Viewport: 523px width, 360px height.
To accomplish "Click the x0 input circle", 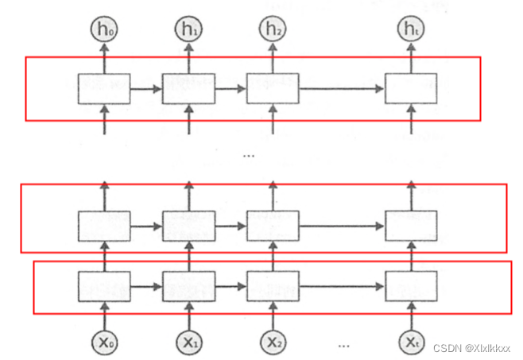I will point(104,343).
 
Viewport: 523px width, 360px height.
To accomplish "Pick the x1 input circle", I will point(188,343).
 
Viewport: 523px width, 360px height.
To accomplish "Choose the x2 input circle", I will point(273,343).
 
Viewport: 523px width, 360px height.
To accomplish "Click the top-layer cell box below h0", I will point(104,88).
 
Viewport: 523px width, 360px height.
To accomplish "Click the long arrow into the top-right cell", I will point(342,88).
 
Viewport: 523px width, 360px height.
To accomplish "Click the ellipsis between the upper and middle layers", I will point(249,155).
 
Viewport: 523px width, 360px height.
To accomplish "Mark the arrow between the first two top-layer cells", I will point(146,88).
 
